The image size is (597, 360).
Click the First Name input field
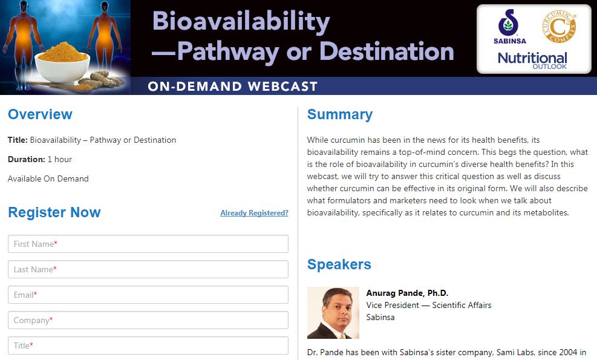(148, 244)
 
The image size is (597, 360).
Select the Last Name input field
(148, 269)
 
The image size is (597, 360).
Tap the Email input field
(148, 295)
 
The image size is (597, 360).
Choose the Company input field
(148, 320)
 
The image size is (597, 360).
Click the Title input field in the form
(148, 345)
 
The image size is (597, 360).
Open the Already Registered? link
(254, 213)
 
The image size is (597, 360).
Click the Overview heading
(40, 114)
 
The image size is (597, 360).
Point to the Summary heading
(339, 115)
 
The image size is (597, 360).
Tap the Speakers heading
(339, 264)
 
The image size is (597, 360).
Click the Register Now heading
(54, 212)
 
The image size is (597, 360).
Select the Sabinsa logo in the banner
(509, 27)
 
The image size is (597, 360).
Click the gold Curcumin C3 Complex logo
(559, 27)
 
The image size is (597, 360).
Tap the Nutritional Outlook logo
(532, 61)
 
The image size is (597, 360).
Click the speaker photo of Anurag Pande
(333, 313)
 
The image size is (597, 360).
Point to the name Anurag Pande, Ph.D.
(407, 293)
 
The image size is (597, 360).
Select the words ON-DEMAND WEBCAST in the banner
(233, 87)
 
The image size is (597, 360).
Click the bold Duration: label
(26, 159)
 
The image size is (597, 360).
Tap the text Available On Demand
(48, 178)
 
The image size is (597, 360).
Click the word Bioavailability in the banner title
(241, 22)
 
